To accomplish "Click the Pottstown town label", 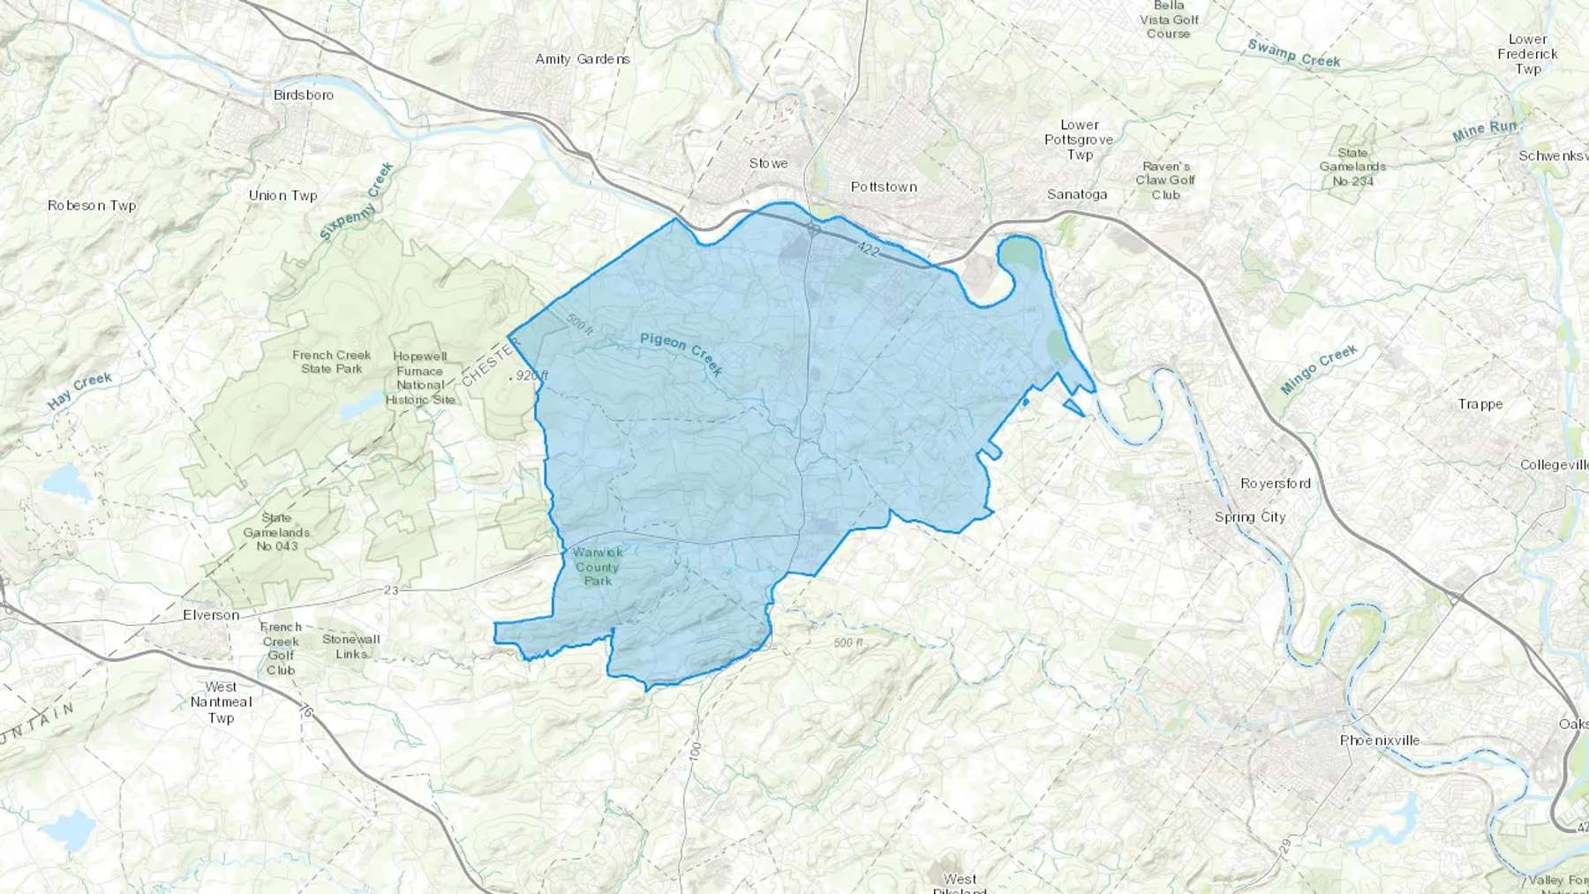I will [884, 187].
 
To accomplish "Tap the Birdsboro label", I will [304, 94].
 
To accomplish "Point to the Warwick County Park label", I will [598, 566].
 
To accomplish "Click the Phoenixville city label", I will [1380, 740].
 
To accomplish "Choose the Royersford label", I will [1276, 484].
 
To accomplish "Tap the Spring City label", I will [1250, 517].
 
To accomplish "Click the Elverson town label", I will [211, 615].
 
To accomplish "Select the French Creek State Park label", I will [332, 362].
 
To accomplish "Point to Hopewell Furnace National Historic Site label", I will [420, 378].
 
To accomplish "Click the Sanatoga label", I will [1077, 194].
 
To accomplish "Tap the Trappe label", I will [1480, 404].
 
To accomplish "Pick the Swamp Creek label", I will [1294, 54].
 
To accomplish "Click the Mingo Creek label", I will [1319, 369].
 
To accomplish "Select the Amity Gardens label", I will [583, 59].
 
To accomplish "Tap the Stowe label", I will [768, 163].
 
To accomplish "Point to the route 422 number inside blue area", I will [868, 251].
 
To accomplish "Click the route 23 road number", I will [391, 590].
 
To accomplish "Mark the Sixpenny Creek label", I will [357, 202].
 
